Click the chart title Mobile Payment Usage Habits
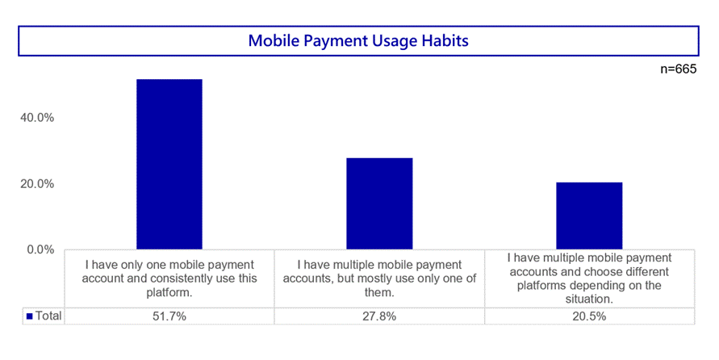tap(358, 41)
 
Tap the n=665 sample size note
tap(678, 69)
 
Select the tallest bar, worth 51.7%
tap(169, 164)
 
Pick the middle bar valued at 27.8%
tap(379, 203)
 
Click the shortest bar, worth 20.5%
tap(589, 216)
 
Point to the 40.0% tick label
tap(36, 118)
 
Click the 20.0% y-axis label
tap(36, 184)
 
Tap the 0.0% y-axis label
tap(40, 250)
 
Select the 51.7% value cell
tap(169, 316)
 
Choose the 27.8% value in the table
tap(379, 316)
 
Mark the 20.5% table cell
tap(589, 316)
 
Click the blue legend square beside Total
tap(30, 316)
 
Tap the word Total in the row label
tap(48, 316)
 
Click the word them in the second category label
tap(378, 292)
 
